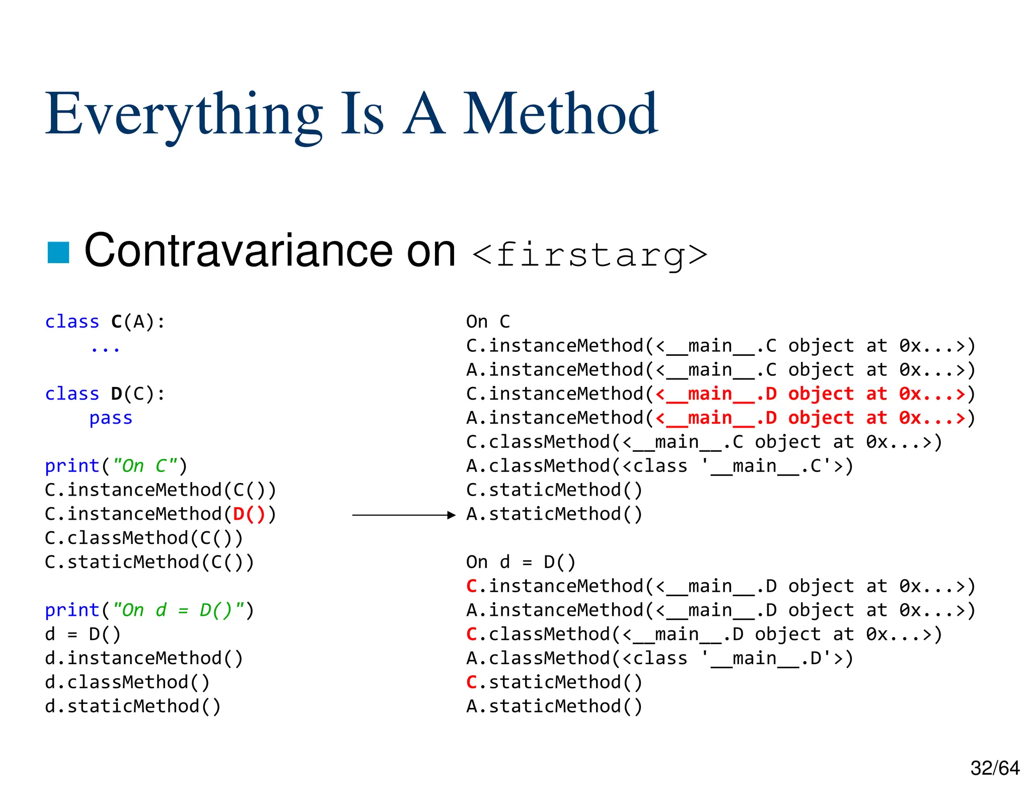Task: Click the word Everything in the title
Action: click(x=184, y=115)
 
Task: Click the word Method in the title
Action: click(x=560, y=115)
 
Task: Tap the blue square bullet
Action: click(x=58, y=253)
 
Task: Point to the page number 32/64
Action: click(x=994, y=768)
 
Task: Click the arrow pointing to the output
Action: click(x=403, y=515)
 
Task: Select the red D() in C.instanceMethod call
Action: click(x=249, y=514)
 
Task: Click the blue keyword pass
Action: click(x=111, y=418)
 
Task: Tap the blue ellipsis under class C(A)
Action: click(x=105, y=348)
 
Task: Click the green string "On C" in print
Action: click(x=145, y=466)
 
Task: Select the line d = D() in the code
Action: click(x=83, y=634)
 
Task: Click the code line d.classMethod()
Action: click(x=127, y=682)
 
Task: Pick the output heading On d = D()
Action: click(x=521, y=562)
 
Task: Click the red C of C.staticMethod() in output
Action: click(x=471, y=682)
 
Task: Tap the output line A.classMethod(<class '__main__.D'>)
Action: click(x=659, y=658)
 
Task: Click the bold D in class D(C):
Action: click(x=116, y=394)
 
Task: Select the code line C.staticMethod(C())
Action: click(x=150, y=562)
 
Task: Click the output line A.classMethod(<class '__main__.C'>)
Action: click(x=659, y=466)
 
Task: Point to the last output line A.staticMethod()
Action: click(x=554, y=706)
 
